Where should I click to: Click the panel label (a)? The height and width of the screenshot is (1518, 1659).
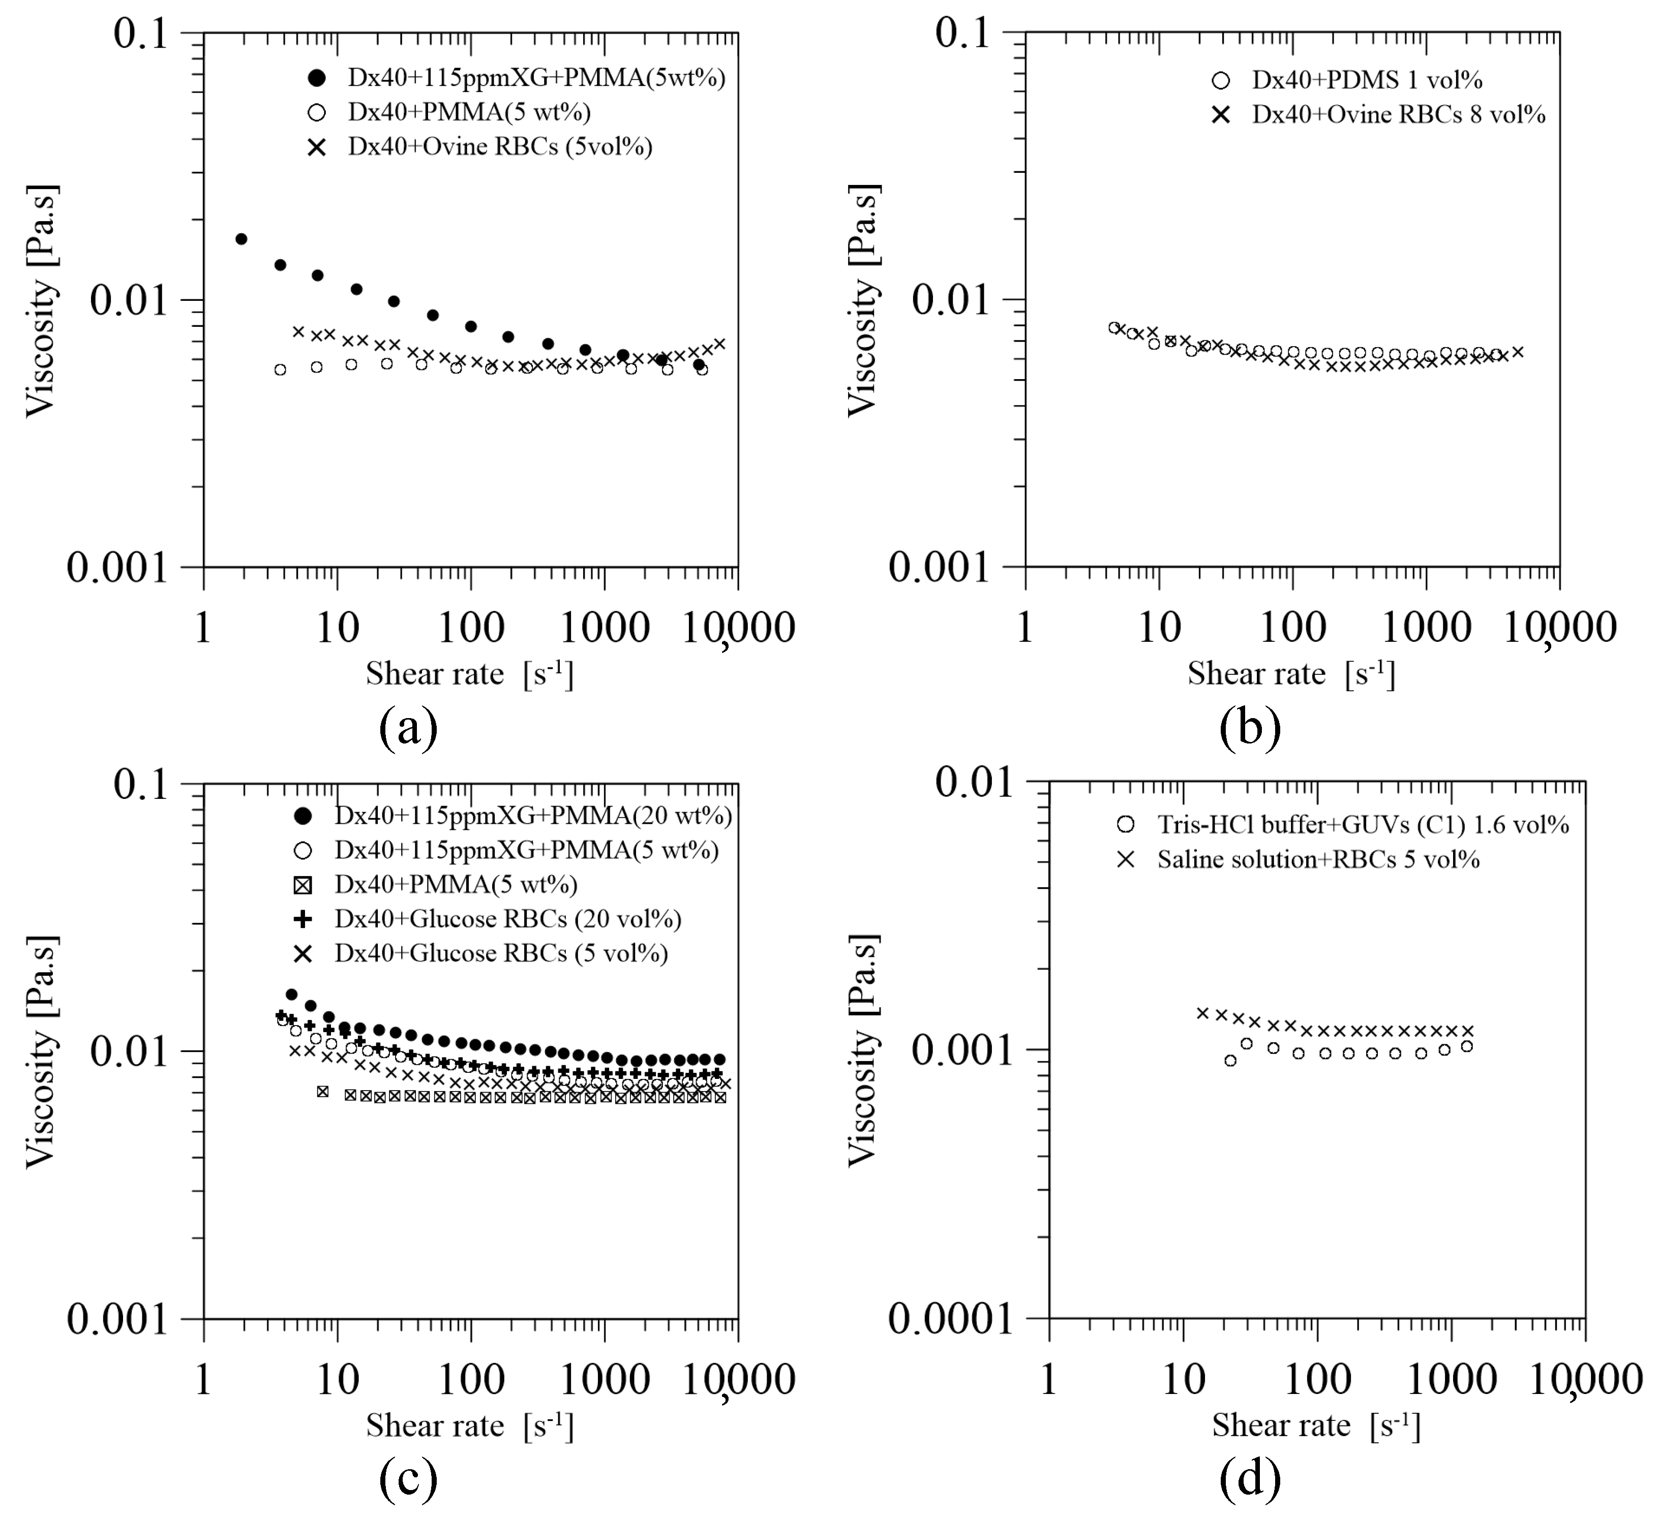coord(408,727)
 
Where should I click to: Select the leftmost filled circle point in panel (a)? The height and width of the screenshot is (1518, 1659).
coord(241,239)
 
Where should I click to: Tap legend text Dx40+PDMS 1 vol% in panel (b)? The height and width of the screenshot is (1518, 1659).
coord(1367,80)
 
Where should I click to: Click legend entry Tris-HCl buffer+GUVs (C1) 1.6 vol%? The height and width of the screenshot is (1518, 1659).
coord(1363,824)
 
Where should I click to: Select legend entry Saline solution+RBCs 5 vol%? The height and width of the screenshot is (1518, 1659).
coord(1318,860)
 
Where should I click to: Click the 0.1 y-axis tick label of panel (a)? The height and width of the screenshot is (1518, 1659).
coord(141,35)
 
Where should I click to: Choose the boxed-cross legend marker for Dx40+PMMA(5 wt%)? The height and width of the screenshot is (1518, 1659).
coord(303,885)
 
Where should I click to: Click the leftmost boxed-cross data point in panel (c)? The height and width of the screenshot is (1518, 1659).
coord(322,1091)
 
